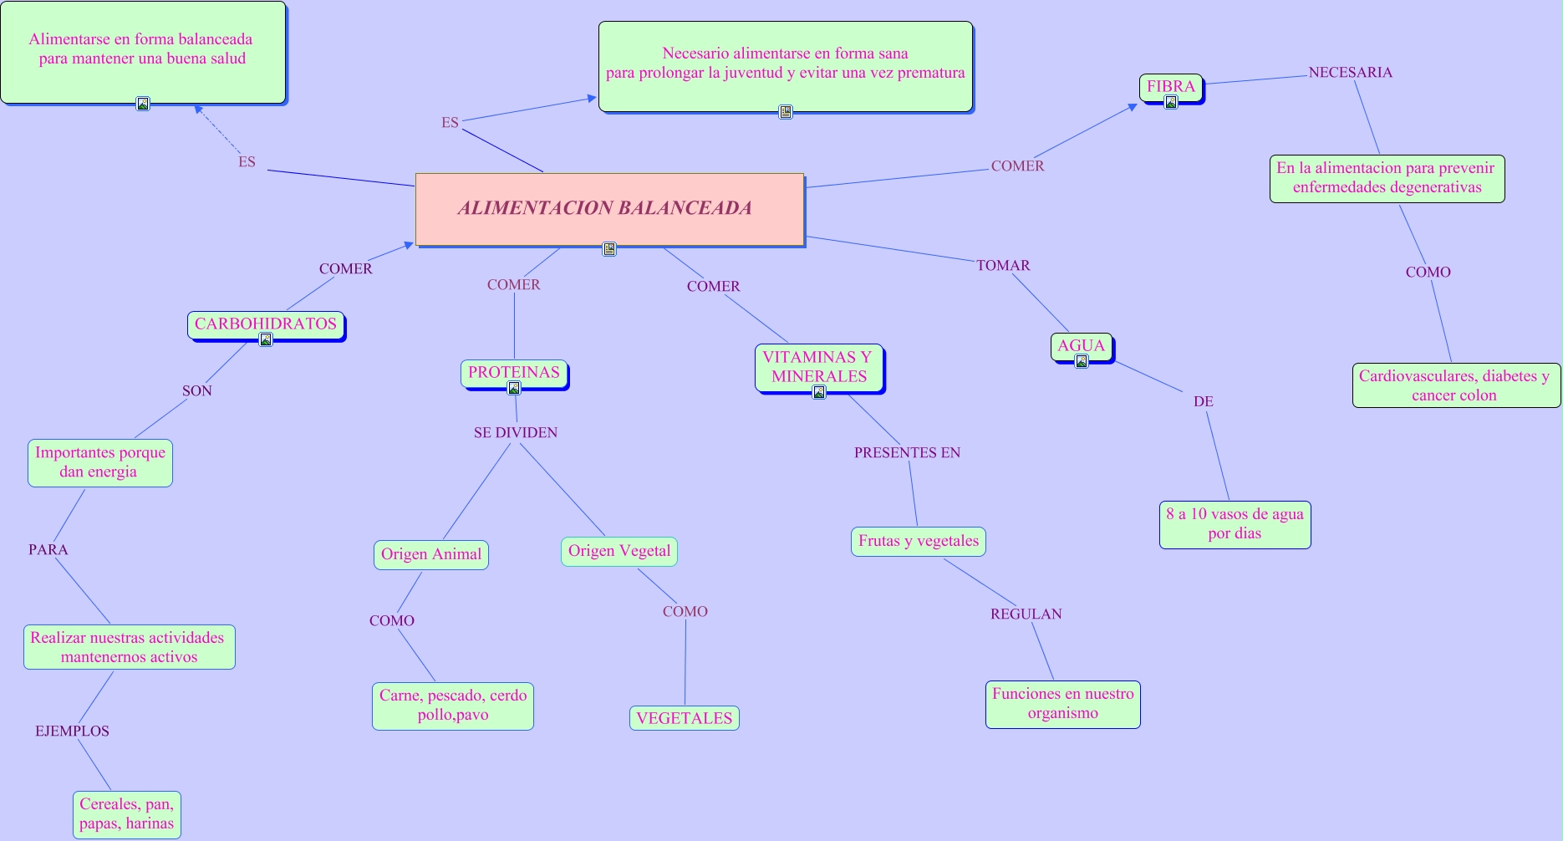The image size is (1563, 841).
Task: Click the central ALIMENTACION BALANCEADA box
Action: coord(610,210)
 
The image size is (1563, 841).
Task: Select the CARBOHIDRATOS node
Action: coord(266,325)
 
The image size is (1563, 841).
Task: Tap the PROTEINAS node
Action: coord(514,374)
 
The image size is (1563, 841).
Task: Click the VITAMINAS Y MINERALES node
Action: coord(819,368)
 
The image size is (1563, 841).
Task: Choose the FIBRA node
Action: coord(1171,88)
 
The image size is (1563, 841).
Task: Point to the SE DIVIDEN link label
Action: coord(516,432)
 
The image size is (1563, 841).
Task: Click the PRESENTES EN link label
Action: coord(907,452)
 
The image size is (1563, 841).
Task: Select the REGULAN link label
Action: coord(1026,614)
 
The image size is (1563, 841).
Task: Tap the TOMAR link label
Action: coord(1003,265)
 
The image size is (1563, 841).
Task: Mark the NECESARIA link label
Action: coord(1351,72)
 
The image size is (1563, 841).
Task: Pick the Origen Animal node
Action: coord(431,554)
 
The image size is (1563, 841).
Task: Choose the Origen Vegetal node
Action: coord(619,551)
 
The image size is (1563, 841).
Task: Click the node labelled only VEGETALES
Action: coord(685,718)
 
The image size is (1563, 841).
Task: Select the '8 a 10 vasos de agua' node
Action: coord(1235,524)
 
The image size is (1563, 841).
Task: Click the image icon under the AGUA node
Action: coord(1082,361)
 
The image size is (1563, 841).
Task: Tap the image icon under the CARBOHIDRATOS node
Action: coord(266,339)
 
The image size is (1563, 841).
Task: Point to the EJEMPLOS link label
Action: coord(72,731)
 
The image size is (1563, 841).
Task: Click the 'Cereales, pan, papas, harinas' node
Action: coord(127,814)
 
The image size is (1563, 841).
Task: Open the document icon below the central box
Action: coord(609,248)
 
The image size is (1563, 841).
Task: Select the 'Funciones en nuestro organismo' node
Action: coord(1063,704)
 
